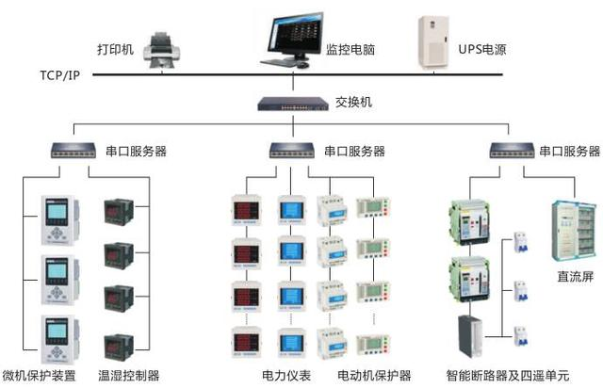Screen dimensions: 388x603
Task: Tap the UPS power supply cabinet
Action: point(433,38)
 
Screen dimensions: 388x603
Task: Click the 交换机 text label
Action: point(353,102)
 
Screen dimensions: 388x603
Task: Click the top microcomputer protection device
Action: point(55,219)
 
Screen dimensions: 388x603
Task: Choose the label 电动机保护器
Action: point(374,376)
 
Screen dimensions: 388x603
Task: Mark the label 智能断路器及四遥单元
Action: point(509,376)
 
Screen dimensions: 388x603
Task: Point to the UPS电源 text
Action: point(482,47)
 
